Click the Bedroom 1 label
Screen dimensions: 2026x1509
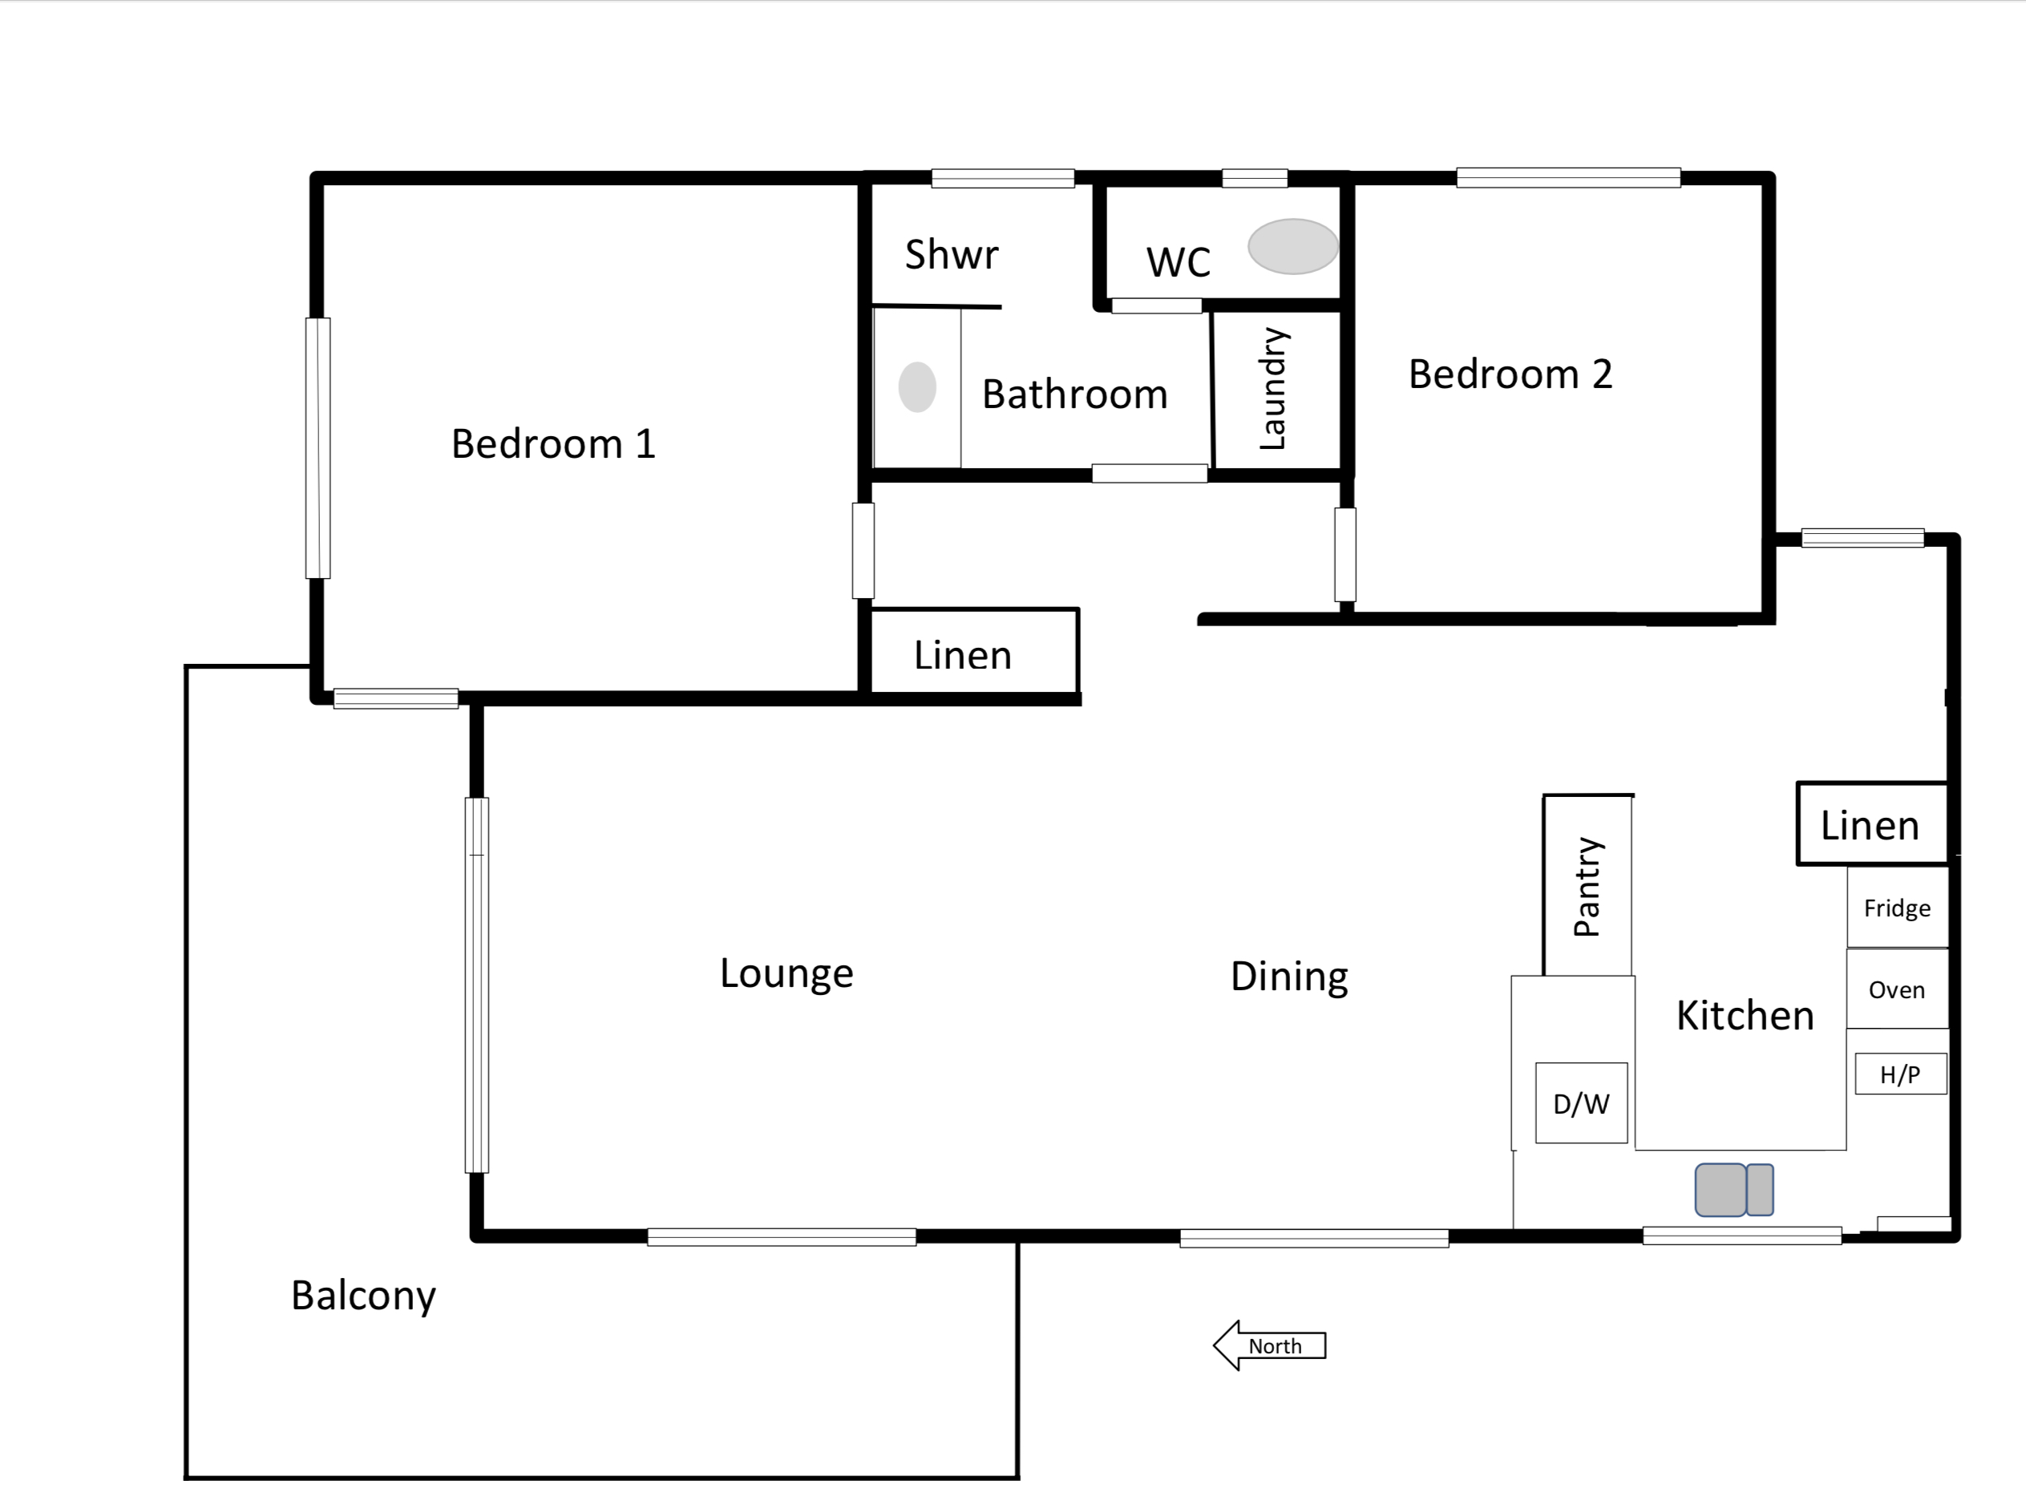[553, 444]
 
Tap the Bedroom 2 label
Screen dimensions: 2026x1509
[1510, 374]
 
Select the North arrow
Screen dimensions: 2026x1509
[1269, 1345]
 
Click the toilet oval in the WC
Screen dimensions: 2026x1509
[1292, 245]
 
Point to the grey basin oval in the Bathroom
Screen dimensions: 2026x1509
[917, 387]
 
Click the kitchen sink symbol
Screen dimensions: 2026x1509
[1733, 1189]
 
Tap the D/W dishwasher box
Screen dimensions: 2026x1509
[1581, 1102]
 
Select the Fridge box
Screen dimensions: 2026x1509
[1897, 907]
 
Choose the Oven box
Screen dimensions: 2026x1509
[1897, 989]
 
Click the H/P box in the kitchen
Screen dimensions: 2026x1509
[1900, 1074]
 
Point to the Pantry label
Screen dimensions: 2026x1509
[1587, 886]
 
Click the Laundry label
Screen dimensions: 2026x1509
[1273, 389]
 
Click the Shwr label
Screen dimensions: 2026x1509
[952, 254]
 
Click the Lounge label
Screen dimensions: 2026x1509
[787, 973]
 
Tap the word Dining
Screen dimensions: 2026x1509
[1289, 977]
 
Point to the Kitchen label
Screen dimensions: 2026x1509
[1745, 1016]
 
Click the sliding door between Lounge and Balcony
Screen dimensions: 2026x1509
[477, 985]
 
